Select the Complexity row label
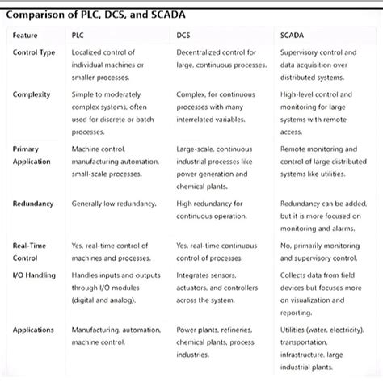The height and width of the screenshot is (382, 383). (32, 95)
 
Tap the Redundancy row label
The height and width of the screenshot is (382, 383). (33, 204)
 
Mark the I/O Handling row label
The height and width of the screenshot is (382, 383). (34, 276)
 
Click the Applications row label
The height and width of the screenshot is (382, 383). (33, 330)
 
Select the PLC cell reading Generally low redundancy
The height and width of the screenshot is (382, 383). (115, 204)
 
